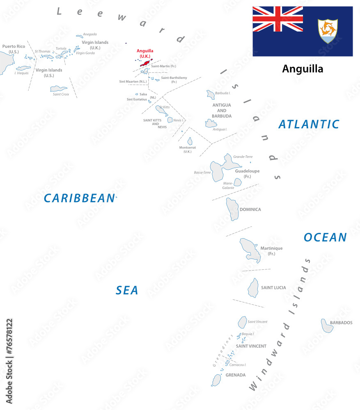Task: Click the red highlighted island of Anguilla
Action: (x=146, y=63)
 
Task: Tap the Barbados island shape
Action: (x=327, y=326)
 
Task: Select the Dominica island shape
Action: (x=232, y=209)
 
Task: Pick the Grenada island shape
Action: (x=216, y=380)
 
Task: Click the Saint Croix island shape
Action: (x=59, y=89)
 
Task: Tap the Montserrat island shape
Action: (x=190, y=141)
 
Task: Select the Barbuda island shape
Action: (x=211, y=95)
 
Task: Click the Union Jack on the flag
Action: (x=277, y=19)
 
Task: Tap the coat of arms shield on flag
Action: (x=328, y=31)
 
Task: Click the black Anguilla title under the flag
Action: (x=303, y=69)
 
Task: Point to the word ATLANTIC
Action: (x=309, y=124)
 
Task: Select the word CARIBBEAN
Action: (x=79, y=198)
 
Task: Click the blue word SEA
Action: (x=127, y=290)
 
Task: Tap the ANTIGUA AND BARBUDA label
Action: (x=222, y=110)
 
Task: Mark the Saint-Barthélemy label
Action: (x=174, y=80)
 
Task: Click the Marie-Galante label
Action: (x=228, y=185)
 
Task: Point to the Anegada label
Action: (x=90, y=34)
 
